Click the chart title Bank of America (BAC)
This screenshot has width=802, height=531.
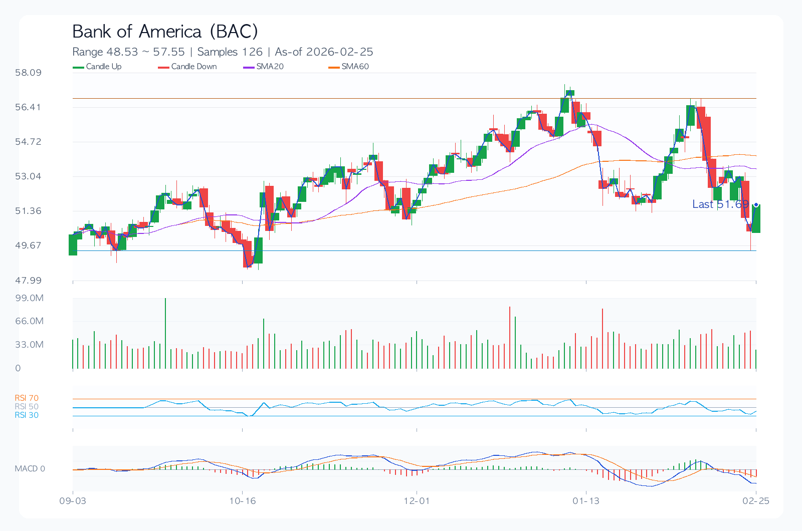click(x=165, y=32)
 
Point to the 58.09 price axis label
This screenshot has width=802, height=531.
click(x=28, y=73)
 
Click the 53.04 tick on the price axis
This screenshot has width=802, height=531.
click(x=28, y=176)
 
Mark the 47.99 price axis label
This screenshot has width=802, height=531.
click(x=28, y=281)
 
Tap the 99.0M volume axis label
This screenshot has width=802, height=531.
click(x=29, y=298)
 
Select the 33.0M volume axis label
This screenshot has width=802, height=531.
click(x=29, y=345)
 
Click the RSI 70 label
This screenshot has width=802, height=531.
click(x=27, y=398)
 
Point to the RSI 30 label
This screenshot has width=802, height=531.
click(x=27, y=415)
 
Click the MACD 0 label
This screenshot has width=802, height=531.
click(x=30, y=469)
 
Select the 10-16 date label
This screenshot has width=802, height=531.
click(x=243, y=501)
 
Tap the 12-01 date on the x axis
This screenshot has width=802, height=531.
click(x=417, y=501)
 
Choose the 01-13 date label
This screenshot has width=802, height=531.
click(x=586, y=501)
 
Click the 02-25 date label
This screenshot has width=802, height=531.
click(x=756, y=501)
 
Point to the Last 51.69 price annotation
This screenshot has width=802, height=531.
click(x=720, y=204)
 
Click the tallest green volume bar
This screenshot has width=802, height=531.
click(x=165, y=333)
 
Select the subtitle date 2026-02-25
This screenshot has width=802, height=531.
click(x=339, y=52)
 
